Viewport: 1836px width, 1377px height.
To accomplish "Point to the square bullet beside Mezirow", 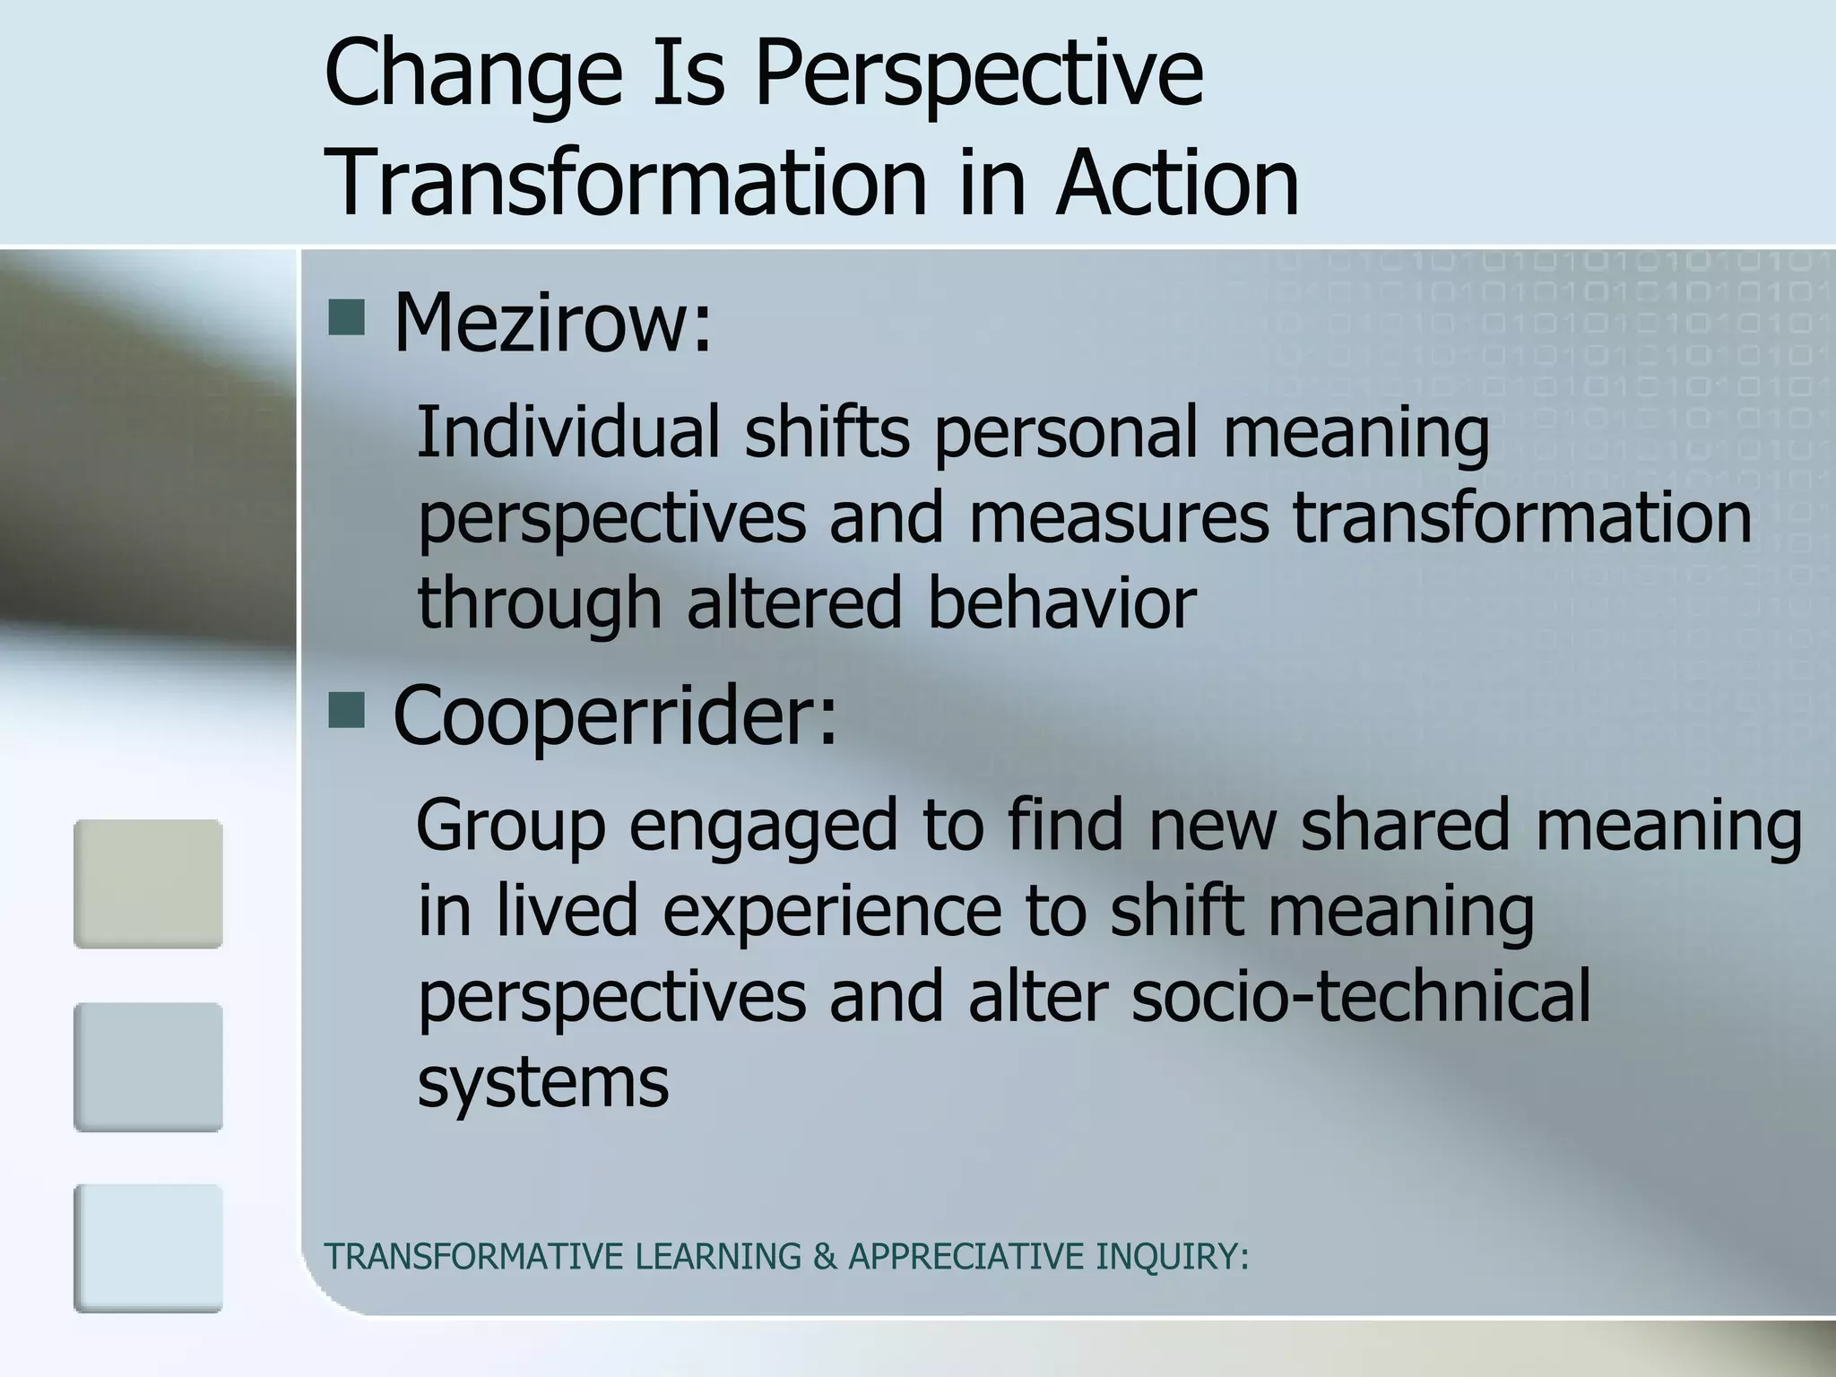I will [x=346, y=317].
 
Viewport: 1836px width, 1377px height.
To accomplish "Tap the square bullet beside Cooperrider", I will [x=346, y=710].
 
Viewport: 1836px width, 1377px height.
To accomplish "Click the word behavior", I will [x=1061, y=602].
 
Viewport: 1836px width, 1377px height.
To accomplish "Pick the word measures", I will [x=1118, y=518].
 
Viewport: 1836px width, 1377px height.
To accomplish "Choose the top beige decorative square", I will [x=148, y=884].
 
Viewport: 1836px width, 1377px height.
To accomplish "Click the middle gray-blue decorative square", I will [x=148, y=1067].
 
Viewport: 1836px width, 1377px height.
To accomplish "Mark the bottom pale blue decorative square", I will [x=148, y=1249].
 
